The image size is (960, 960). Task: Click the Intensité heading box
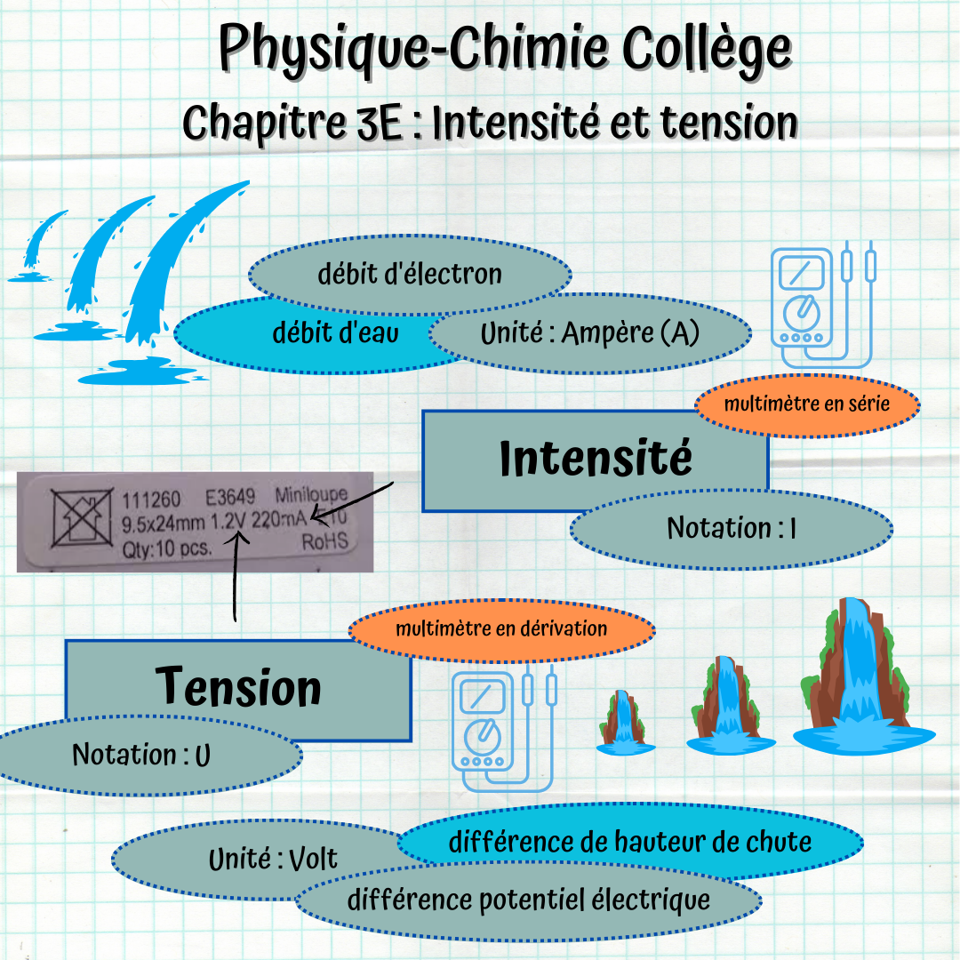[x=595, y=460]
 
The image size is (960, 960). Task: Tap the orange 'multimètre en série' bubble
[x=806, y=404]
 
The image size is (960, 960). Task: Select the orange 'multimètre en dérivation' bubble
[x=501, y=629]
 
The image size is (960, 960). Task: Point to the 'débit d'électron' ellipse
[x=410, y=275]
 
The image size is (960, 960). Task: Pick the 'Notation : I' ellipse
[x=731, y=528]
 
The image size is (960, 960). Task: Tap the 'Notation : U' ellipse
[x=142, y=756]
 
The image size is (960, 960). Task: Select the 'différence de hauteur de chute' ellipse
[x=630, y=841]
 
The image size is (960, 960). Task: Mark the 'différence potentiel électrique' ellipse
[x=529, y=899]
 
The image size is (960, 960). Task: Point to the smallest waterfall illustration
[x=626, y=722]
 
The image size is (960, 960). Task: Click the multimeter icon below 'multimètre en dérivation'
[x=502, y=729]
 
